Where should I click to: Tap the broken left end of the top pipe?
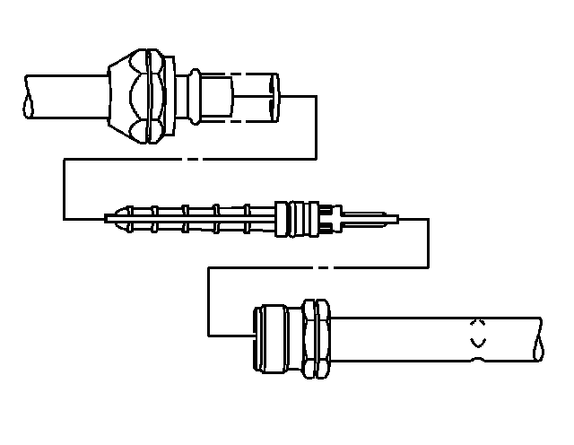(x=30, y=95)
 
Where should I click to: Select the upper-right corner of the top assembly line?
(x=316, y=96)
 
